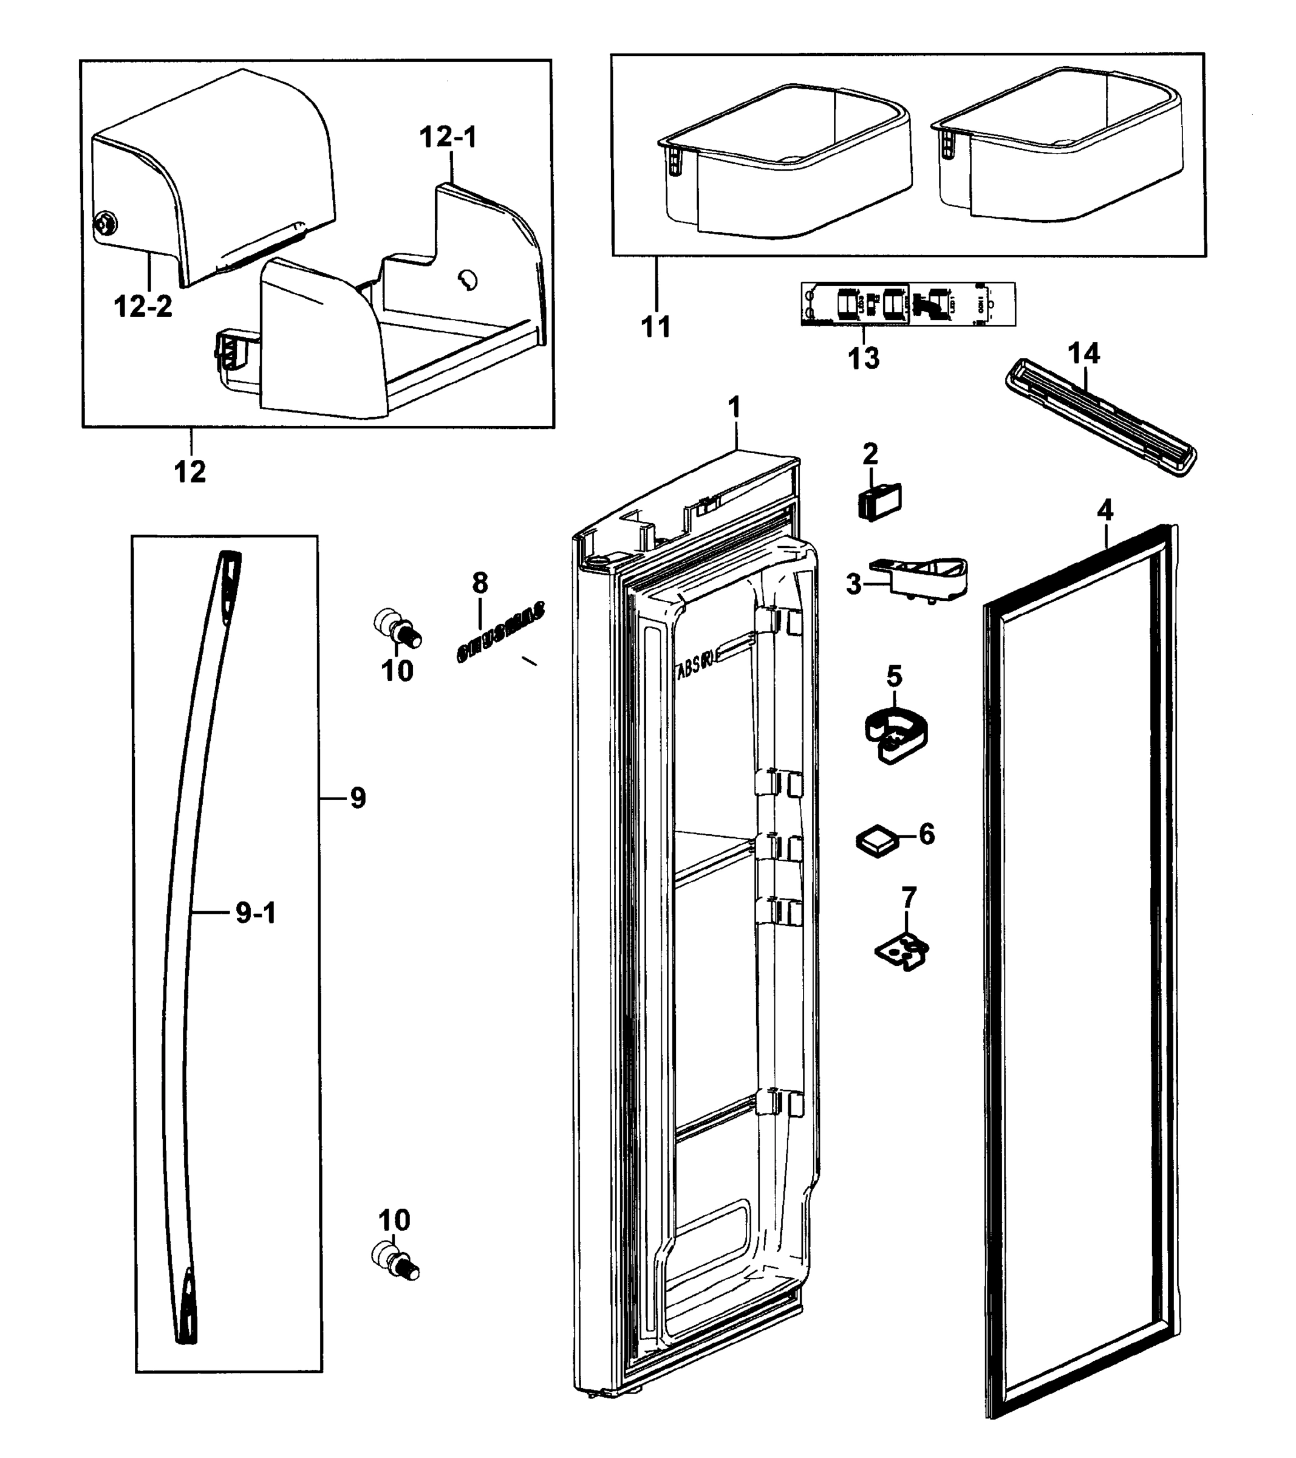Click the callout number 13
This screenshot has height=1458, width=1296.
[863, 358]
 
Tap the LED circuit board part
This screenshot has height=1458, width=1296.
[907, 304]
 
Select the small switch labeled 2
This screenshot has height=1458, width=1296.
[879, 501]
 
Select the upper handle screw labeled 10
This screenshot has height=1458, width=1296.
[398, 627]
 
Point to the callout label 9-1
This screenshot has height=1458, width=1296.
[255, 913]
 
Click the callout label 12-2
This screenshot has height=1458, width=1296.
[143, 307]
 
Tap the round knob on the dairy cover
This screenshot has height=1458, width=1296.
[106, 225]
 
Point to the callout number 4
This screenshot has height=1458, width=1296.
[1104, 510]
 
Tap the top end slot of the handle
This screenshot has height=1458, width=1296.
[230, 570]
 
